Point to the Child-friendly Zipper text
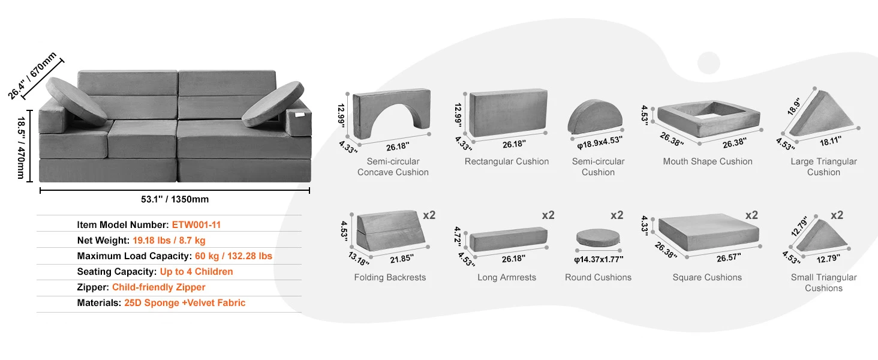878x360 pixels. tap(159, 287)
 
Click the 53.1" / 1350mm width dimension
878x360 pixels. tap(175, 199)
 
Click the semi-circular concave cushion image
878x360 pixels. tap(392, 114)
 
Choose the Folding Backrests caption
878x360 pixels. tap(390, 277)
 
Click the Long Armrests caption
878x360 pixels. tap(507, 277)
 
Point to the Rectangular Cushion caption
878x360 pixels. tap(507, 161)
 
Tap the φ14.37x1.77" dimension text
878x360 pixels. tap(598, 259)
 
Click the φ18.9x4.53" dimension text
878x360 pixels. tap(598, 140)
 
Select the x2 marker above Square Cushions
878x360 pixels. tap(752, 215)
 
